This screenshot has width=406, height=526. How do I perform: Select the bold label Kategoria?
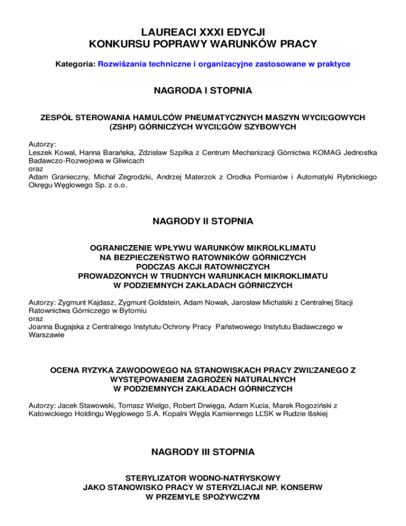coord(76,64)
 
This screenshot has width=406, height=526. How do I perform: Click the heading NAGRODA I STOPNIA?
coord(202,91)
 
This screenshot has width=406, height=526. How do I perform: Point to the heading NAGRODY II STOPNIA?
coord(202,222)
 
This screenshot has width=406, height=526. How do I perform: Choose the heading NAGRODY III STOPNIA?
coord(202,452)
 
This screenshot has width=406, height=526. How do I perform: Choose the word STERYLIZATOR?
coord(151,477)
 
